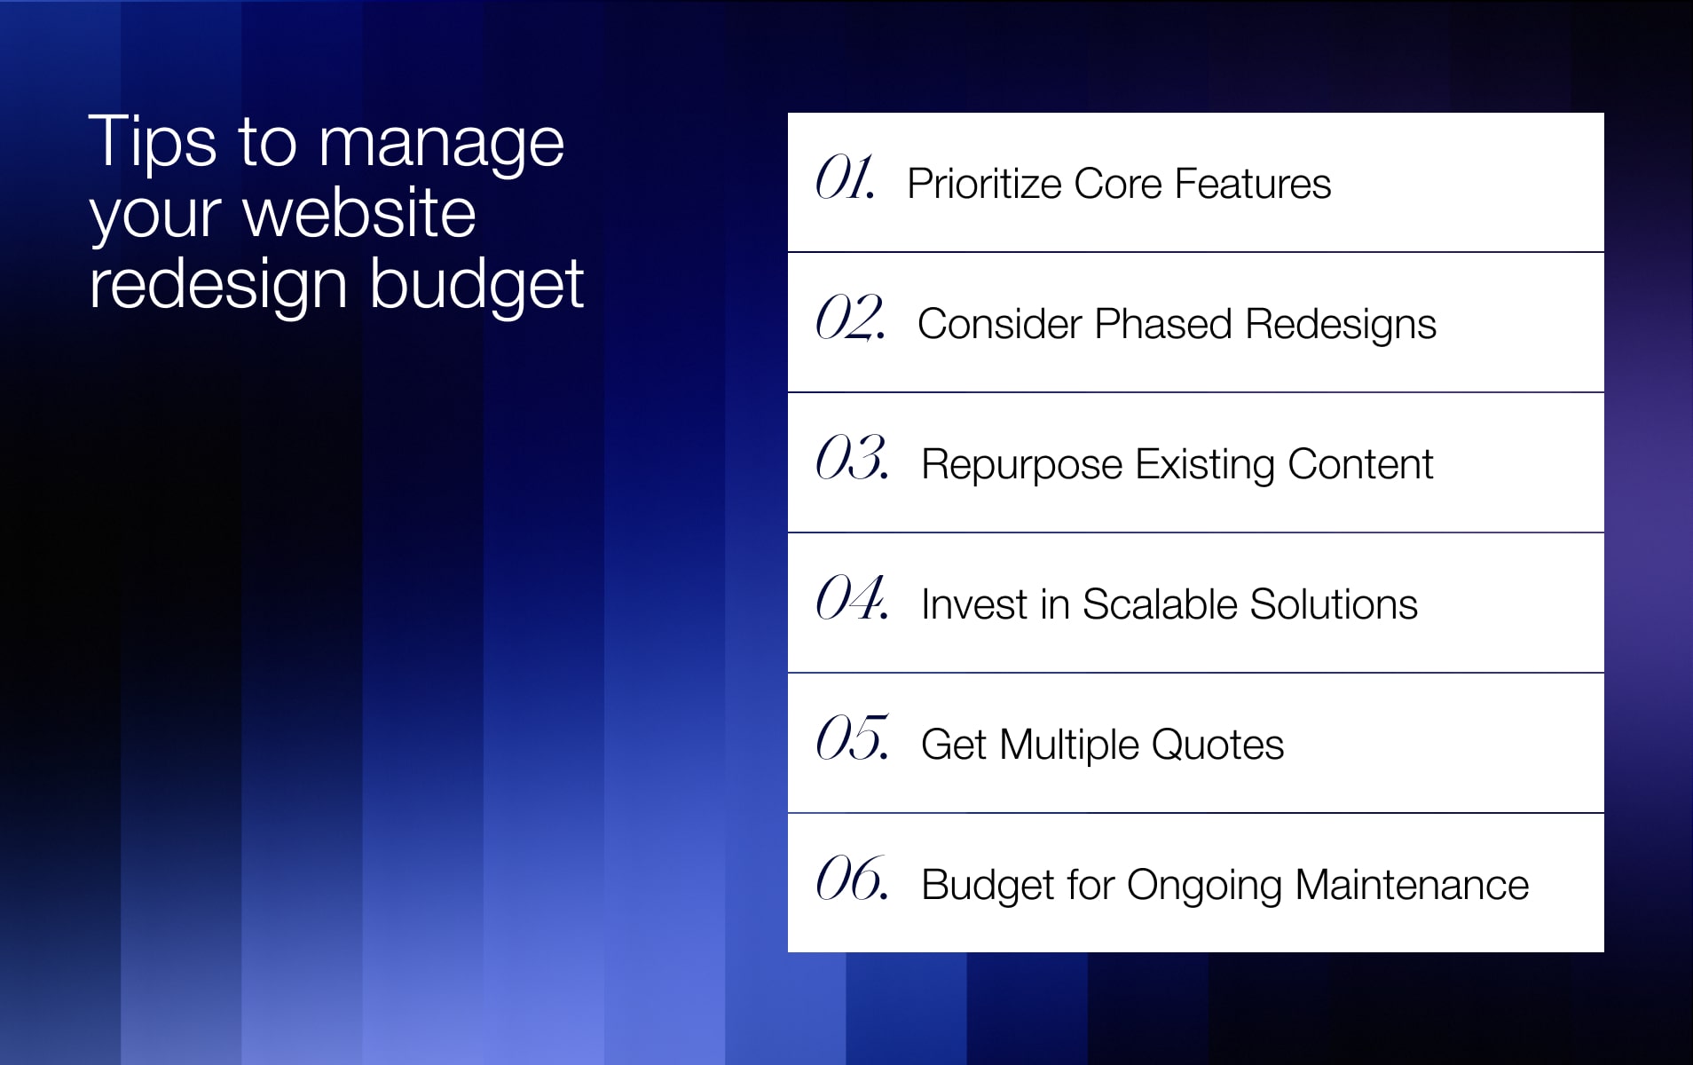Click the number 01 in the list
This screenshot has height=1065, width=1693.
846,177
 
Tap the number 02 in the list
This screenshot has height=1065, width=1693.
850,318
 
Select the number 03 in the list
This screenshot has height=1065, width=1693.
852,458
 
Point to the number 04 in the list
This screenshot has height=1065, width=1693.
852,598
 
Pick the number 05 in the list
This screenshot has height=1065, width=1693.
852,738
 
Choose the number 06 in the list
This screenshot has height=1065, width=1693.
852,879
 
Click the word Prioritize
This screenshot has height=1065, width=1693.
984,185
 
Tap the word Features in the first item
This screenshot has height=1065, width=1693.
1253,184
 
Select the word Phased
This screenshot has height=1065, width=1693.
1163,324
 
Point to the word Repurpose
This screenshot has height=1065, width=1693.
1022,466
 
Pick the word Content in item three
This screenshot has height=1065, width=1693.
1360,464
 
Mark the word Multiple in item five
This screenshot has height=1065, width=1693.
1069,746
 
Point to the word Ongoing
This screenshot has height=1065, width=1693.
1204,887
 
